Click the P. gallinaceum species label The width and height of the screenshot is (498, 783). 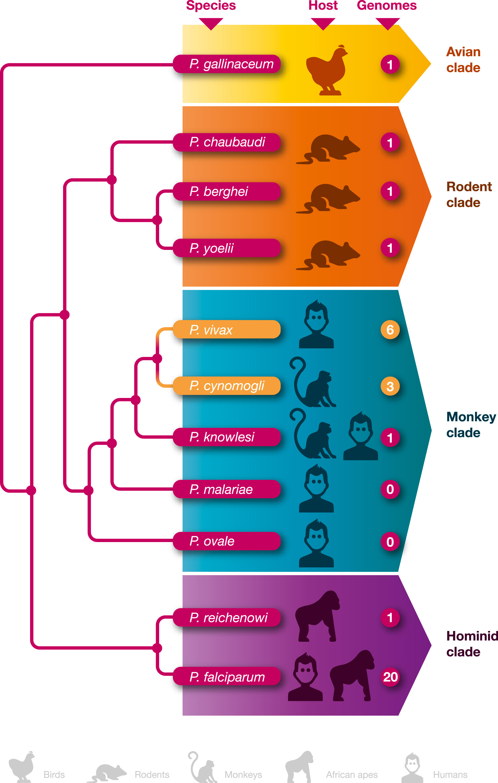pyautogui.click(x=227, y=64)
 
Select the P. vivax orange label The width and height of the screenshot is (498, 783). pyautogui.click(x=227, y=329)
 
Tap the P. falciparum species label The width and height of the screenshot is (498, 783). pyautogui.click(x=227, y=677)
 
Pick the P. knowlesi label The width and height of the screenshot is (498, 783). pyautogui.click(x=227, y=437)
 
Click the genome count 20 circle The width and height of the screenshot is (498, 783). pyautogui.click(x=390, y=677)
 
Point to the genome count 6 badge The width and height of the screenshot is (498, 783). pyautogui.click(x=390, y=330)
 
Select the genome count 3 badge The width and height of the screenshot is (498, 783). pyautogui.click(x=390, y=386)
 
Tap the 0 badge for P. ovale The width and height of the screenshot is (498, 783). pyautogui.click(x=390, y=542)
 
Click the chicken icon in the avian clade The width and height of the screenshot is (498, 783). pyautogui.click(x=326, y=70)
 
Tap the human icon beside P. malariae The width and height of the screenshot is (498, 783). pyautogui.click(x=316, y=488)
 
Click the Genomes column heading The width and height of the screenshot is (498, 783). pyautogui.click(x=386, y=6)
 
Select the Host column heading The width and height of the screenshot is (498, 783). pyautogui.click(x=323, y=6)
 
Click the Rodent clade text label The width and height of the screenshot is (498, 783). pyautogui.click(x=468, y=194)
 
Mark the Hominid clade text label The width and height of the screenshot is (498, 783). pyautogui.click(x=472, y=644)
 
